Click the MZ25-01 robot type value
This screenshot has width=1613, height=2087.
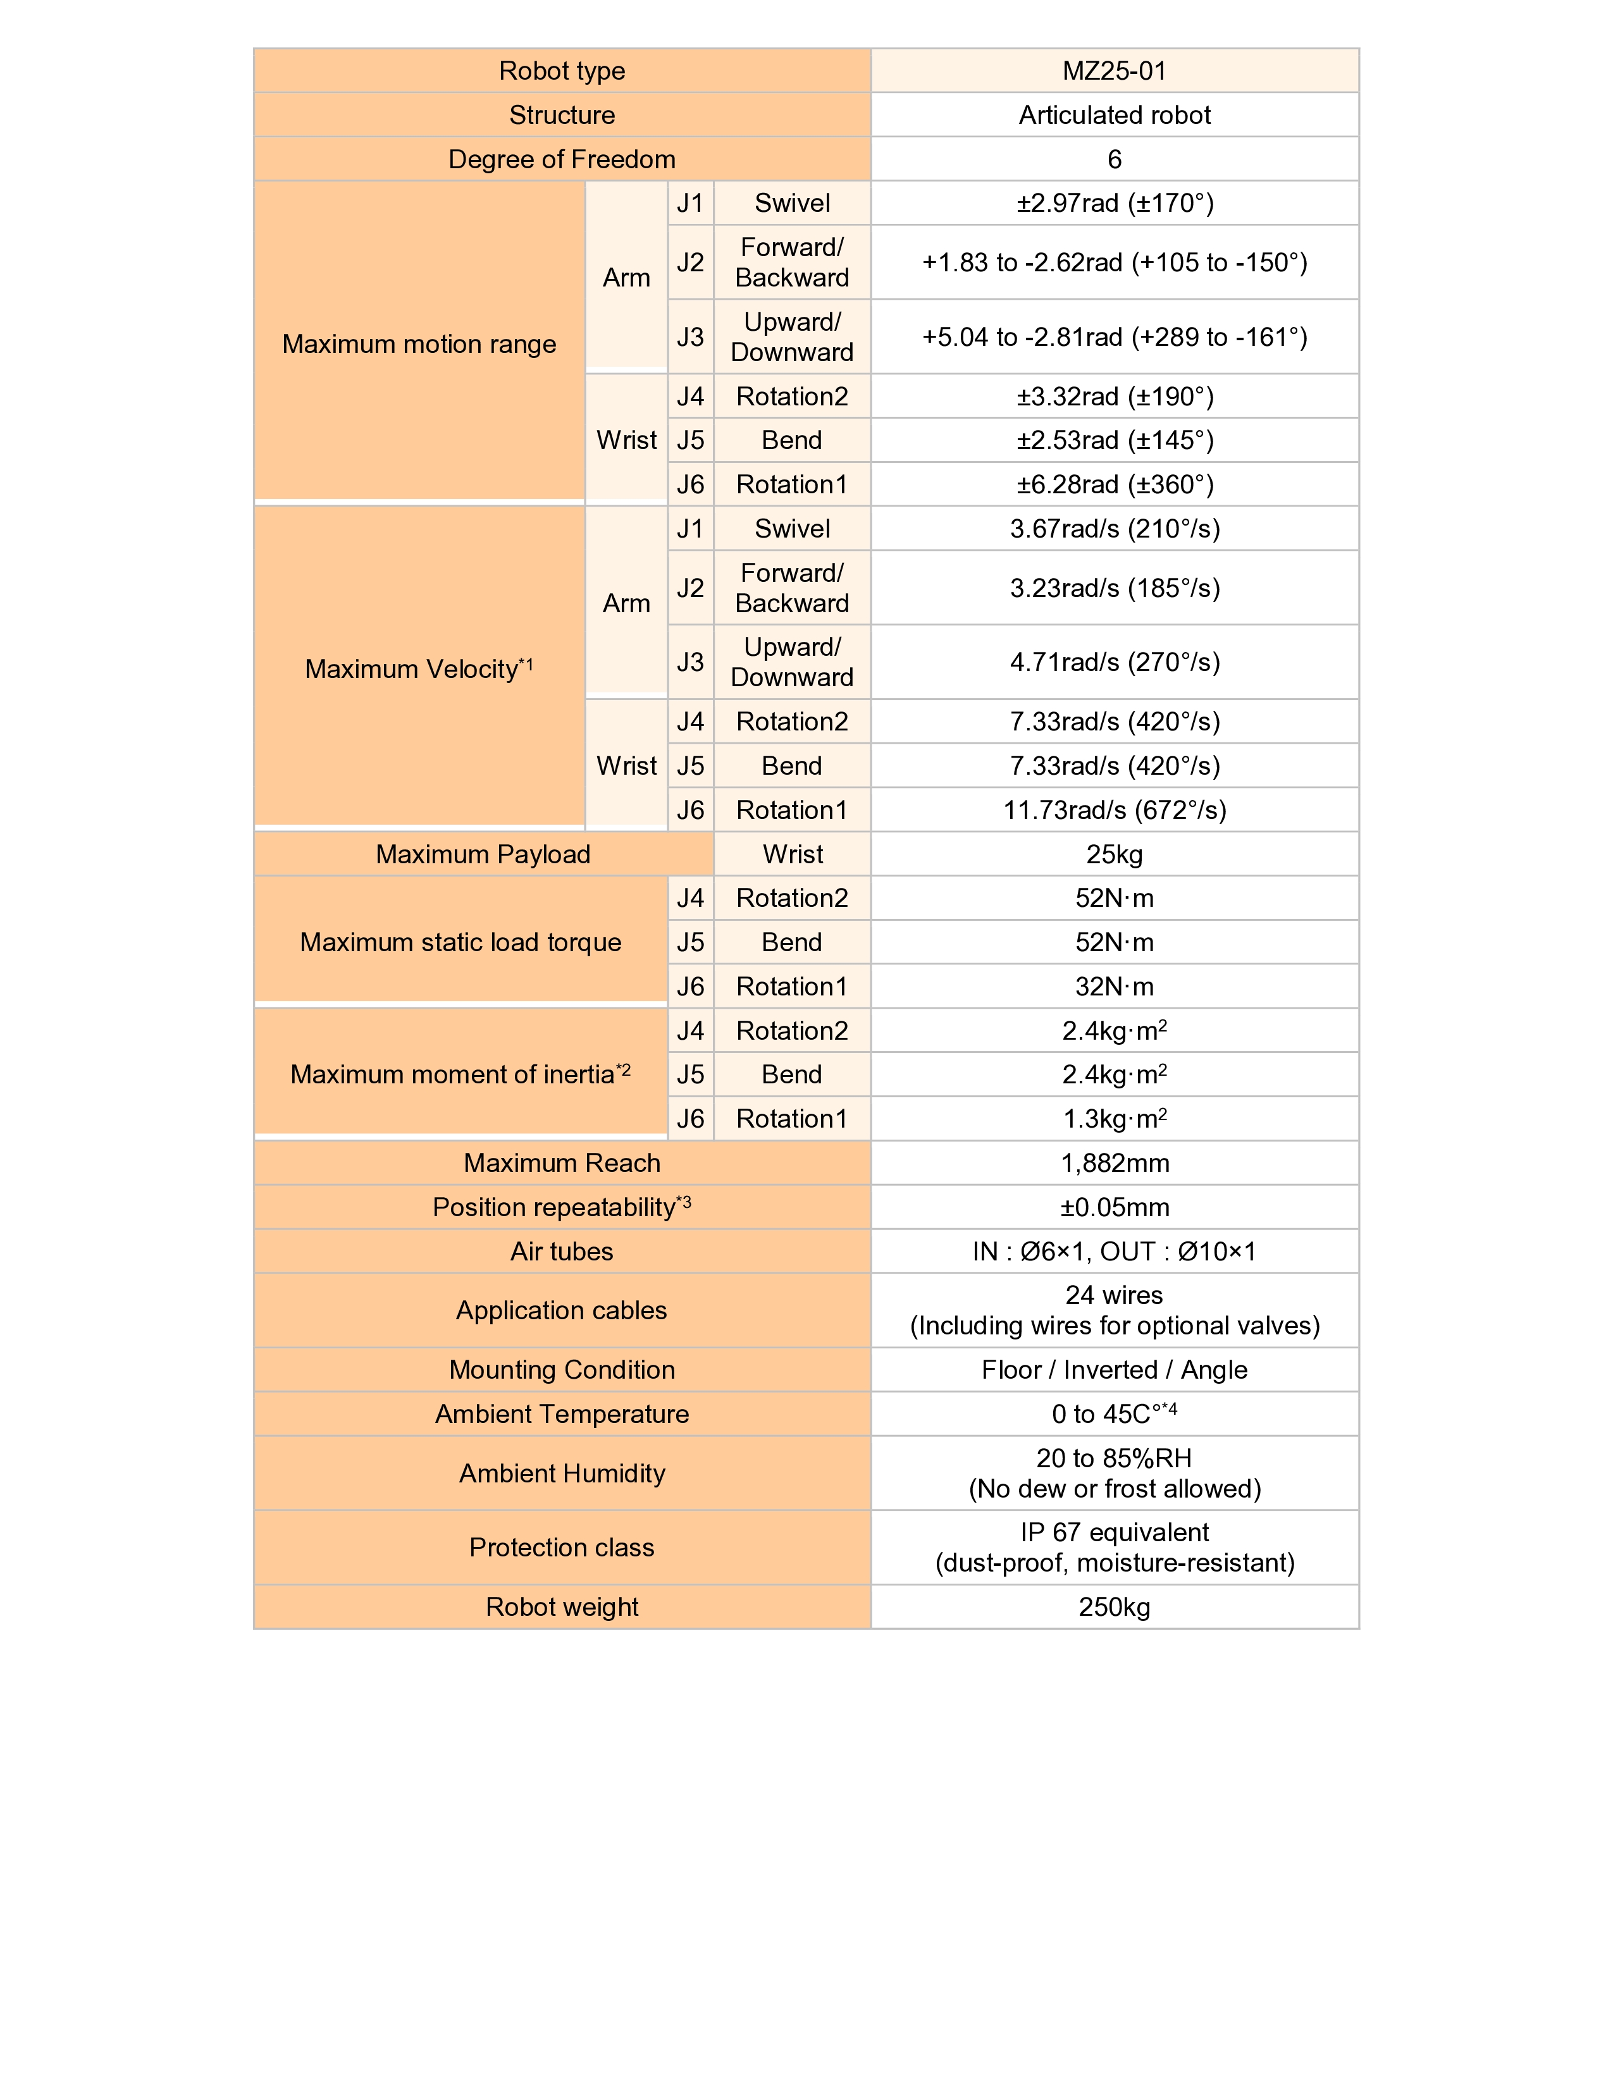(x=1114, y=71)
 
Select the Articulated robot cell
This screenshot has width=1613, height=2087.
(x=1114, y=114)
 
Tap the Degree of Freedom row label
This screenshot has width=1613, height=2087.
(x=562, y=159)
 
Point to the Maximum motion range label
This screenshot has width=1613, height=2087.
(x=419, y=344)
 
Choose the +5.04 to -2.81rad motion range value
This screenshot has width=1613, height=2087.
(x=1114, y=337)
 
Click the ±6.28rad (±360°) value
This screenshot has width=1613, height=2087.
(x=1114, y=484)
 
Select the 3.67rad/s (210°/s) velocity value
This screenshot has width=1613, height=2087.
(x=1114, y=529)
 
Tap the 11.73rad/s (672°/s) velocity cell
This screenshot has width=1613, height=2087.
(x=1114, y=810)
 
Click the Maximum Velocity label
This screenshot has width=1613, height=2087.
(x=419, y=669)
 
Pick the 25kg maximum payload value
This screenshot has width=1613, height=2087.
(x=1114, y=854)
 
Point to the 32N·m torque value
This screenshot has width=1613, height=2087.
(x=1114, y=986)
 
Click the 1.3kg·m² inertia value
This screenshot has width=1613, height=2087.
(x=1114, y=1119)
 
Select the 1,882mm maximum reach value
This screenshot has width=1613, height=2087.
(x=1114, y=1163)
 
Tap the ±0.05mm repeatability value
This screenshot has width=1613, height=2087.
(x=1114, y=1207)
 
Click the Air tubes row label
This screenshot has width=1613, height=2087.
(x=562, y=1252)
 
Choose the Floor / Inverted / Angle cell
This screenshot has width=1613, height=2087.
(x=1114, y=1369)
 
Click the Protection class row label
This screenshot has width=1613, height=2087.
(x=562, y=1547)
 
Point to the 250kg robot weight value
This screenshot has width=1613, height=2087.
(x=1114, y=1607)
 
